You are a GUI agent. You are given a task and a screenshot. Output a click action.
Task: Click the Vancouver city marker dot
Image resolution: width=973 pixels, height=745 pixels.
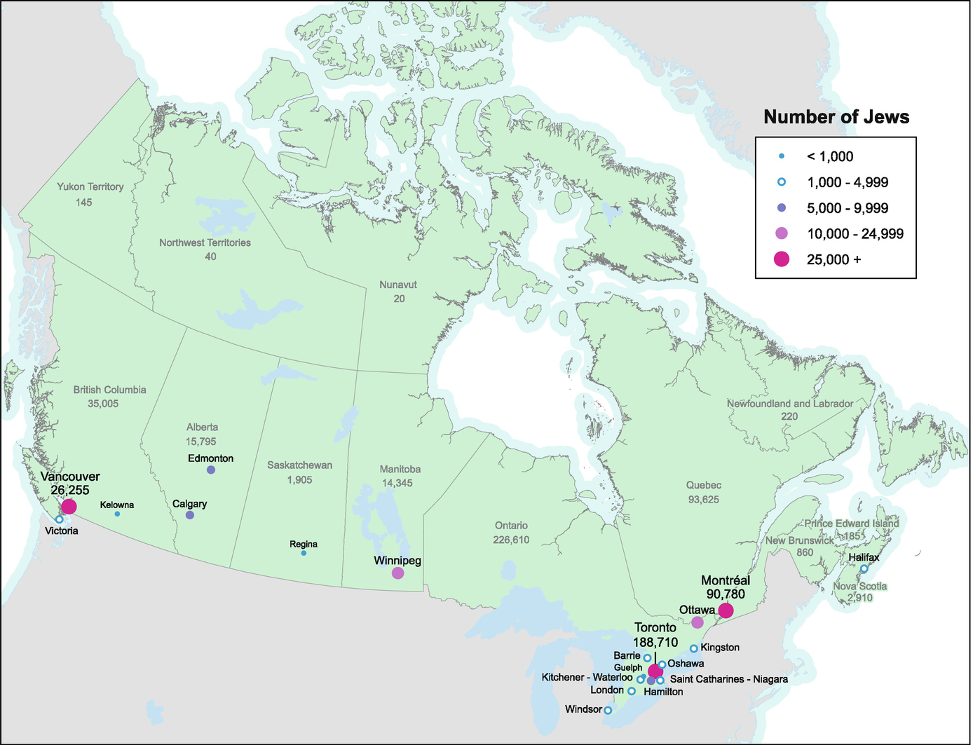[69, 507]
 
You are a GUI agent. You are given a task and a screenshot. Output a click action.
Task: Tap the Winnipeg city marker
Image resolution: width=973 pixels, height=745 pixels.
[397, 573]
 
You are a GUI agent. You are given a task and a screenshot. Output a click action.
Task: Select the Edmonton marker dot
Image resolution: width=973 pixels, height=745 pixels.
[211, 470]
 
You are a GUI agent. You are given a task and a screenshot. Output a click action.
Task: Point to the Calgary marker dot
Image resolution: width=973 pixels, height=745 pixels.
[189, 514]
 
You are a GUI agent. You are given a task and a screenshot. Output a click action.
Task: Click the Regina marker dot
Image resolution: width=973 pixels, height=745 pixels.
[304, 553]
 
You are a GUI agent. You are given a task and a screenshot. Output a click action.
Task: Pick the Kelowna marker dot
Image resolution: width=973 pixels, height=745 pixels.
[117, 514]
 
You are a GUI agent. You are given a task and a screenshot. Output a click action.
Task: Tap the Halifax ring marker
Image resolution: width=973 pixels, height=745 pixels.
[864, 568]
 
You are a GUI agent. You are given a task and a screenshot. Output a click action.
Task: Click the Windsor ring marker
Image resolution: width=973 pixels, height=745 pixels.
[608, 710]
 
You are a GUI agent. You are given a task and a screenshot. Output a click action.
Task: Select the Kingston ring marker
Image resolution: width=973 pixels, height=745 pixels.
[693, 648]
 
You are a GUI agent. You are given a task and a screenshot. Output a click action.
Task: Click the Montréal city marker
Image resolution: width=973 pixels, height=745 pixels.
[726, 610]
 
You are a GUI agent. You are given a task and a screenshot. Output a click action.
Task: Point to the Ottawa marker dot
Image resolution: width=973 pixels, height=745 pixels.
[697, 622]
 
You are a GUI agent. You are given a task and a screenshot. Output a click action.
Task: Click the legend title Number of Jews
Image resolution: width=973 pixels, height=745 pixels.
[836, 117]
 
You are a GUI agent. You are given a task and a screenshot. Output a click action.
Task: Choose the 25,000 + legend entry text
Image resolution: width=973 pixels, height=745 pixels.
[833, 259]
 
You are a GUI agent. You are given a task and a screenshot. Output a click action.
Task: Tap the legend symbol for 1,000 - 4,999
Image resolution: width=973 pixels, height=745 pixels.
[782, 182]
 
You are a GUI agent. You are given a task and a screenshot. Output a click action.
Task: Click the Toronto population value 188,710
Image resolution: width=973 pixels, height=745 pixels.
[655, 642]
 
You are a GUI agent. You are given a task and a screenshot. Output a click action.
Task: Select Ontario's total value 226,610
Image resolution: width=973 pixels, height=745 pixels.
[511, 540]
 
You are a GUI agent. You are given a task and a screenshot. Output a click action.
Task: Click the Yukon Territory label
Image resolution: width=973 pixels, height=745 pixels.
[90, 186]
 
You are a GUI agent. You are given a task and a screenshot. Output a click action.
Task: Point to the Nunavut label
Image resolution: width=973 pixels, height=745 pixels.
[398, 285]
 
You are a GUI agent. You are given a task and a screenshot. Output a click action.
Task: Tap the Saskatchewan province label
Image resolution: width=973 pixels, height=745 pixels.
[299, 465]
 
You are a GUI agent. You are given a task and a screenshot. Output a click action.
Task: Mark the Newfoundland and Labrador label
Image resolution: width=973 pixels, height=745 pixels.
[789, 404]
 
